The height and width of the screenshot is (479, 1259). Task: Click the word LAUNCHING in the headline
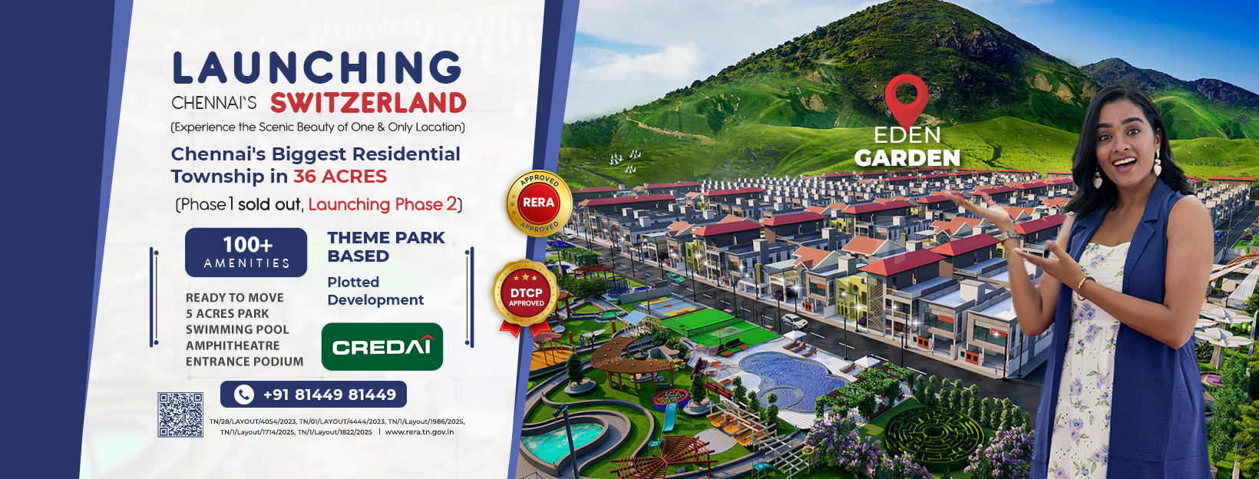[317, 68]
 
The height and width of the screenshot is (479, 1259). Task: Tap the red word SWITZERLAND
[368, 103]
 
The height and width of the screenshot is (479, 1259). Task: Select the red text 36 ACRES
[340, 177]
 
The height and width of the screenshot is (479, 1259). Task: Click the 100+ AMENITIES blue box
[246, 253]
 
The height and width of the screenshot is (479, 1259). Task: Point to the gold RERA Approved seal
[538, 203]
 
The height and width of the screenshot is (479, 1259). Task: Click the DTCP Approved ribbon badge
[526, 297]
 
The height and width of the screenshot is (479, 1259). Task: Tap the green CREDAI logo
[382, 346]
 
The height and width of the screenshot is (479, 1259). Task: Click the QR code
[180, 415]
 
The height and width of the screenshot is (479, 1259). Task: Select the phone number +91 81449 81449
[329, 395]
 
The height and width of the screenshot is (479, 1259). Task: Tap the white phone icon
[243, 395]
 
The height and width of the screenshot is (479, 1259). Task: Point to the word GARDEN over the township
[907, 159]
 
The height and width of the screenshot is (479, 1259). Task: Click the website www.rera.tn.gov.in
[419, 431]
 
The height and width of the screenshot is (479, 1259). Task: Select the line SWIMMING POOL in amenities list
[237, 329]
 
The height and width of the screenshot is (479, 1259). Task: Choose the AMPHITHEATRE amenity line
[233, 345]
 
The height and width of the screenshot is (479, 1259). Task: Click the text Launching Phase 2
[383, 204]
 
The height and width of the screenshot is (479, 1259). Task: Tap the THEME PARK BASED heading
[386, 247]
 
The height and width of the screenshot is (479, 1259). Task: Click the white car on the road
[795, 321]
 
